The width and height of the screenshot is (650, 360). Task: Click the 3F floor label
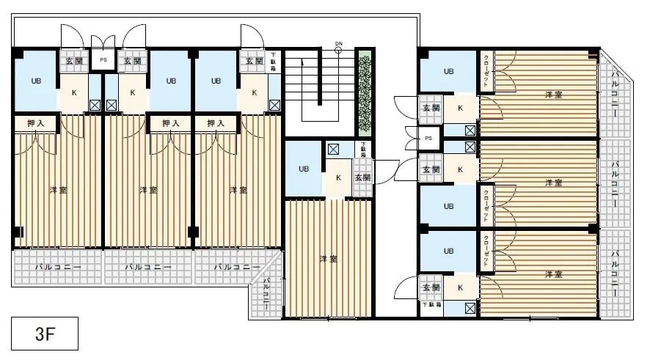[44, 335]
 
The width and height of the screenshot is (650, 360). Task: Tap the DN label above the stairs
[338, 43]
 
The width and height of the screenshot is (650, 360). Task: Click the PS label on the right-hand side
[429, 138]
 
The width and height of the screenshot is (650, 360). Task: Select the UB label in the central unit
[303, 169]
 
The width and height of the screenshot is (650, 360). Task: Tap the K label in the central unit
[338, 177]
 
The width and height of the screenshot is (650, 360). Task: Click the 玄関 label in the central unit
[362, 177]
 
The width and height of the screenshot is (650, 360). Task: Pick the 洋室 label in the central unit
[328, 259]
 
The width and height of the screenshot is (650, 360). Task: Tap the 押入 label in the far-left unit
[35, 123]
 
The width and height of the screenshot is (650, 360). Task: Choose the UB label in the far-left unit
[35, 81]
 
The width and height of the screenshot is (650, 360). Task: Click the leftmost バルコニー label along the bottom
[58, 268]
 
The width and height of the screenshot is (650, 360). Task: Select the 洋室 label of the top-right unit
[553, 95]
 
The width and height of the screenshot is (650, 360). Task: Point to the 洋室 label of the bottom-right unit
[553, 274]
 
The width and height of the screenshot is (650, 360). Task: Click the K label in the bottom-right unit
[460, 287]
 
